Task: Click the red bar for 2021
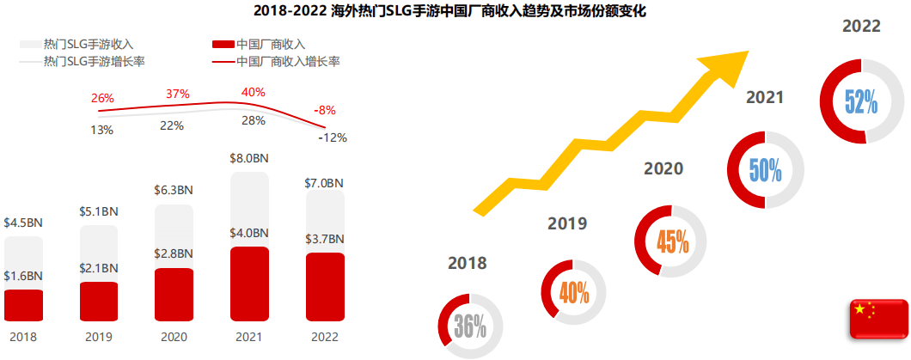click(249, 284)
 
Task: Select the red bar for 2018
click(23, 305)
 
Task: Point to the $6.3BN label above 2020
click(174, 189)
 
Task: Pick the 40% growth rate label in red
click(254, 92)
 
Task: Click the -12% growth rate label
click(332, 137)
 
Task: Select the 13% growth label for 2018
click(101, 130)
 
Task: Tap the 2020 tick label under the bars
click(174, 338)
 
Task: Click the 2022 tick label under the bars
click(325, 338)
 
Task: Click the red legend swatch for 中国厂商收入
click(223, 44)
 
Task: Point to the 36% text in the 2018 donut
click(470, 326)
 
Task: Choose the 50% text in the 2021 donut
click(765, 169)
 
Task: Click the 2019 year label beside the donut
click(567, 224)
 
